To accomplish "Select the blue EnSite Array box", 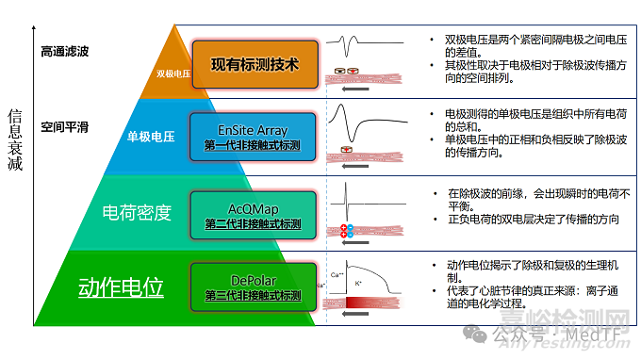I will [x=253, y=137].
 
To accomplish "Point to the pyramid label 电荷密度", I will [x=137, y=213].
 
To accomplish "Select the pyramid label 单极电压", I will [x=151, y=138].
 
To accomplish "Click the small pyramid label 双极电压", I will [x=173, y=71].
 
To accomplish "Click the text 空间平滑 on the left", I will [x=65, y=126].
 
